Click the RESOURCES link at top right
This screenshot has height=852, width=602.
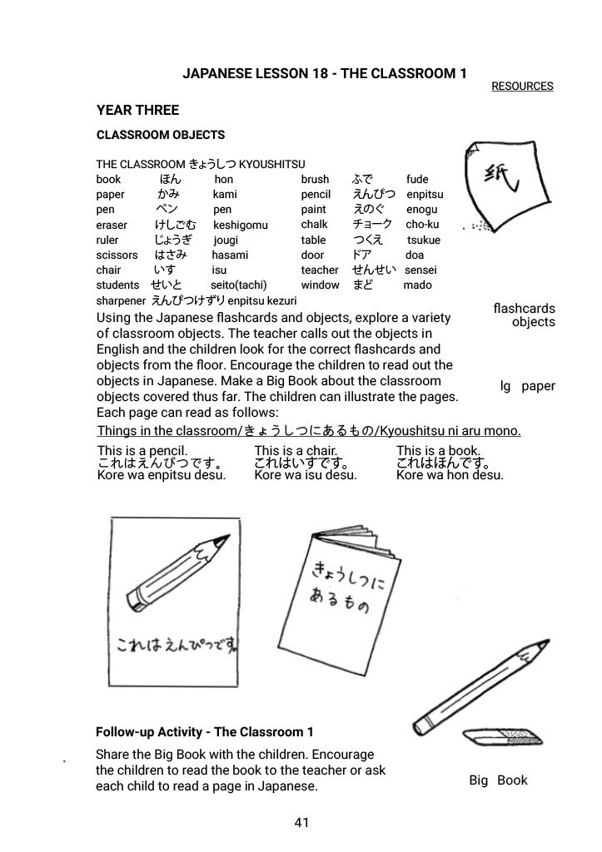pyautogui.click(x=522, y=86)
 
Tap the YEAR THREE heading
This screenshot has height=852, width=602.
pyautogui.click(x=137, y=110)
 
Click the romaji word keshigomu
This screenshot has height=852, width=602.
pyautogui.click(x=241, y=225)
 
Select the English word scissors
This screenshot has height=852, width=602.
pyautogui.click(x=117, y=255)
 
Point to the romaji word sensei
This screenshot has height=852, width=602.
pyautogui.click(x=420, y=270)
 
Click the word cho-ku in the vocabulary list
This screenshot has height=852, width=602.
pyautogui.click(x=422, y=225)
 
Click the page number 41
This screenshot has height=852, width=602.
pyautogui.click(x=301, y=823)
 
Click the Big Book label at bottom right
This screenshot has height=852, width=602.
pyautogui.click(x=498, y=780)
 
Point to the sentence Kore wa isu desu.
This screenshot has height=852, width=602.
pyautogui.click(x=306, y=475)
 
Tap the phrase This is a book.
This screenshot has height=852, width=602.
pyautogui.click(x=439, y=451)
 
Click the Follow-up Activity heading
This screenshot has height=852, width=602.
pyautogui.click(x=205, y=732)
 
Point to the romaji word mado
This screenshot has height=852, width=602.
pyautogui.click(x=417, y=285)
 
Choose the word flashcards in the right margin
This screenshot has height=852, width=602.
pyautogui.click(x=524, y=309)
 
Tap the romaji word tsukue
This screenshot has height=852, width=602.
pyautogui.click(x=424, y=240)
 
